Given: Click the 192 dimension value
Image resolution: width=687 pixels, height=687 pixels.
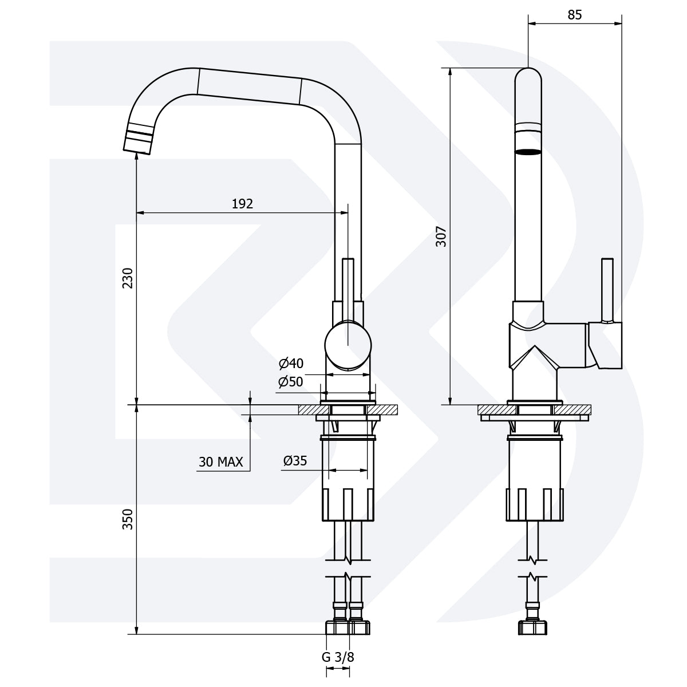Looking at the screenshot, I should (242, 204).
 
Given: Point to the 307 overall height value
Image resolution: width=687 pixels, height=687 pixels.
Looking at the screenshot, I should (441, 236).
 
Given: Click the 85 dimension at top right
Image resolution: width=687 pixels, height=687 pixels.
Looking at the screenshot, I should (574, 15).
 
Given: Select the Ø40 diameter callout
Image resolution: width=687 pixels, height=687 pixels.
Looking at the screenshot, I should (291, 364).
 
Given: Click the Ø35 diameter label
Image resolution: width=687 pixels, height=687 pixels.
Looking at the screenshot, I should (295, 460).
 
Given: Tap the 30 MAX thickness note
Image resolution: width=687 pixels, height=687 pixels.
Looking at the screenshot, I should (221, 462).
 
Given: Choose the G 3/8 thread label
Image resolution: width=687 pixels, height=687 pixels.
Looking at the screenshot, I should (338, 657).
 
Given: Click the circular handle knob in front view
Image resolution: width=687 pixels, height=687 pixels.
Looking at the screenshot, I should (348, 345).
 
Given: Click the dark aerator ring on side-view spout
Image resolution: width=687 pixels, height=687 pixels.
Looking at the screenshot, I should (527, 152).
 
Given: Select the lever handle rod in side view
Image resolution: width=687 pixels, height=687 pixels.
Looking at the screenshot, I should (607, 289).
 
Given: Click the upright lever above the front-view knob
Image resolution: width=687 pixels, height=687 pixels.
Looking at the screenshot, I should (348, 286).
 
